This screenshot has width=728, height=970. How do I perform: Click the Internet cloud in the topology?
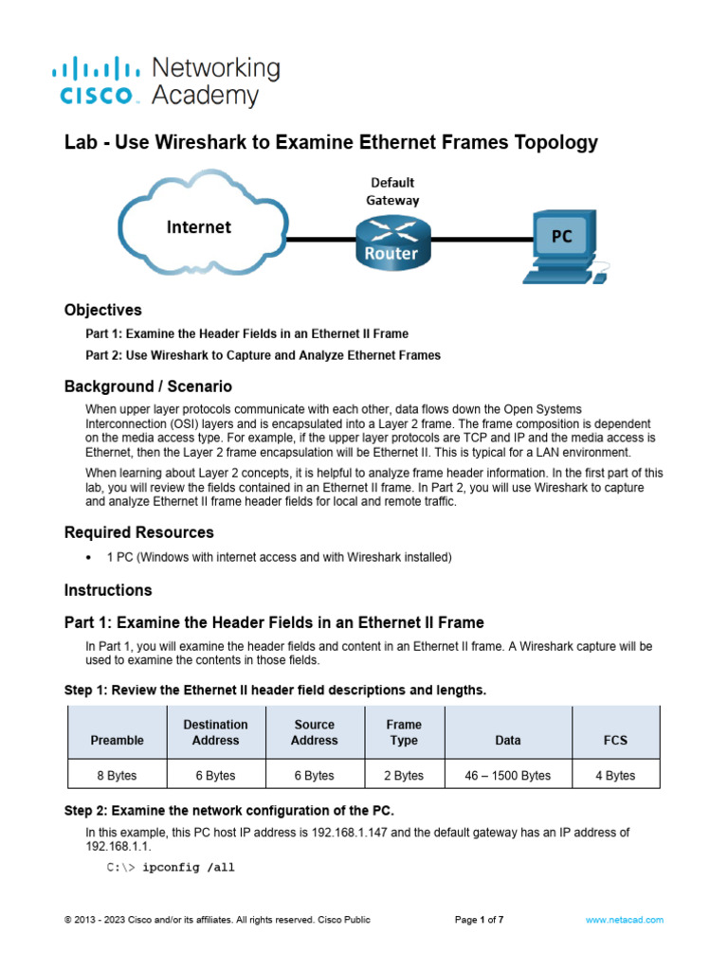pyautogui.click(x=199, y=226)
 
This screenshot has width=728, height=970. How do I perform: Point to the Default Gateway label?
pyautogui.click(x=392, y=190)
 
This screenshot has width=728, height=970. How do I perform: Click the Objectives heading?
pyautogui.click(x=102, y=310)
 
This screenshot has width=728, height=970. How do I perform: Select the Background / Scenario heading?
pyautogui.click(x=148, y=386)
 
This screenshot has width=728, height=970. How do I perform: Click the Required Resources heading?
pyautogui.click(x=138, y=532)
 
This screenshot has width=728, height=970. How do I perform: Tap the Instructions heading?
pyautogui.click(x=108, y=590)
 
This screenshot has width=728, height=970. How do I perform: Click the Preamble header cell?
pyautogui.click(x=117, y=740)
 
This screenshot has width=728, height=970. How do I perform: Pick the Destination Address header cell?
pyautogui.click(x=215, y=732)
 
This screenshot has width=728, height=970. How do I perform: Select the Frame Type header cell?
pyautogui.click(x=404, y=732)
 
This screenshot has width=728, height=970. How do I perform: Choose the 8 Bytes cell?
pyautogui.click(x=117, y=775)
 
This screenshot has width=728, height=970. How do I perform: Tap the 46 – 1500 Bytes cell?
pyautogui.click(x=507, y=775)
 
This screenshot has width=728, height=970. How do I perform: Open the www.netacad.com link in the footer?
pyautogui.click(x=624, y=920)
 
